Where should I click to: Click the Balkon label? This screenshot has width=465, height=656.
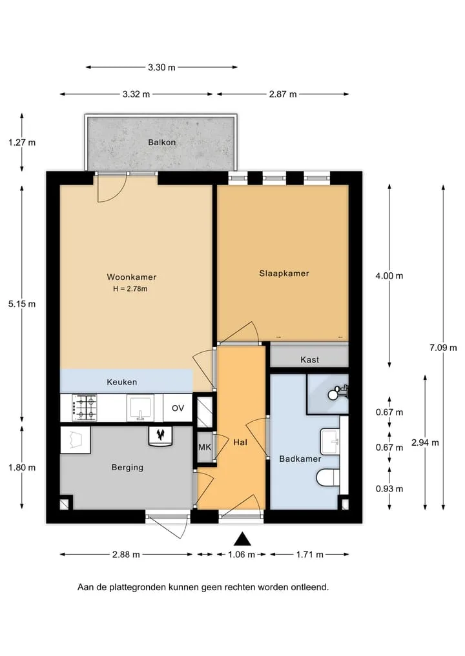pyautogui.click(x=161, y=143)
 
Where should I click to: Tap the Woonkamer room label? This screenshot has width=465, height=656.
pyautogui.click(x=132, y=277)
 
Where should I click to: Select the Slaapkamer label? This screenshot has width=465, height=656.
pyautogui.click(x=284, y=273)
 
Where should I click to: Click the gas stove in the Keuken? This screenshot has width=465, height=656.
pyautogui.click(x=84, y=408)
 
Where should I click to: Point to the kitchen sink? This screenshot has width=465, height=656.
pyautogui.click(x=140, y=408)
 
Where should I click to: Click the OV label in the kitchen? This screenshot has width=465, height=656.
pyautogui.click(x=178, y=408)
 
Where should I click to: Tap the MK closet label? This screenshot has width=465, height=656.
pyautogui.click(x=205, y=447)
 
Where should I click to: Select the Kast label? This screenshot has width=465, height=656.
pyautogui.click(x=309, y=360)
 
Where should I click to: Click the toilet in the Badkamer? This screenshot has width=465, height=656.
pyautogui.click(x=328, y=478)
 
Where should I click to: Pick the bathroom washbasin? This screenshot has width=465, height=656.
pyautogui.click(x=330, y=441)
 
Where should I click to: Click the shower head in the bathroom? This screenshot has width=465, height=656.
pyautogui.click(x=333, y=394)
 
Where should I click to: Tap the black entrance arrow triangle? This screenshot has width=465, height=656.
pyautogui.click(x=242, y=539)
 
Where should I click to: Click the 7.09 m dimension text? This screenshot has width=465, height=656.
pyautogui.click(x=443, y=348)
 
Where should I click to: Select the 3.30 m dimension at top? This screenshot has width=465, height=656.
pyautogui.click(x=161, y=67)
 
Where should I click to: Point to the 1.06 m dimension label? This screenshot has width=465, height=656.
pyautogui.click(x=242, y=555)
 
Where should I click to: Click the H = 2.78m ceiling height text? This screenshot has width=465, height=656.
pyautogui.click(x=130, y=289)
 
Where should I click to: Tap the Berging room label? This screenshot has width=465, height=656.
pyautogui.click(x=127, y=467)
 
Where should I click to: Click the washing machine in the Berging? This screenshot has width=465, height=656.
pyautogui.click(x=76, y=440)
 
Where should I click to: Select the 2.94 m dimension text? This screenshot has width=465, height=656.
pyautogui.click(x=425, y=442)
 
